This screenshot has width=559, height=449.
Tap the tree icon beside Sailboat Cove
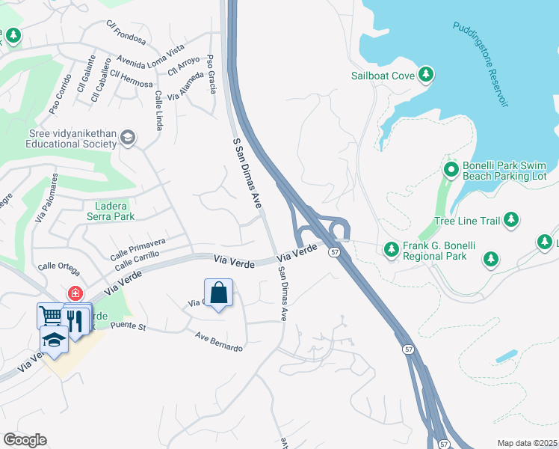(426, 74)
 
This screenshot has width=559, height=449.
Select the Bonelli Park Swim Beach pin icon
(451, 170)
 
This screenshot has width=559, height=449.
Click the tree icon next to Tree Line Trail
(511, 219)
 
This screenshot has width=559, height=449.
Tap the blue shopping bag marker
(218, 293)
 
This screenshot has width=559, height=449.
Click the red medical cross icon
(75, 293)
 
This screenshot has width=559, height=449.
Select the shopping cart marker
(50, 316)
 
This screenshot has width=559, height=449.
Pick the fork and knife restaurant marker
(75, 319)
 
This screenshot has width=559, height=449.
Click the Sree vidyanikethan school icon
(128, 137)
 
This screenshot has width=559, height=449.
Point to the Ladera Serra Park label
(105, 211)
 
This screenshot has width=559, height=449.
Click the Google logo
(25, 440)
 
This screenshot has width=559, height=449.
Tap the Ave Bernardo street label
(219, 343)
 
